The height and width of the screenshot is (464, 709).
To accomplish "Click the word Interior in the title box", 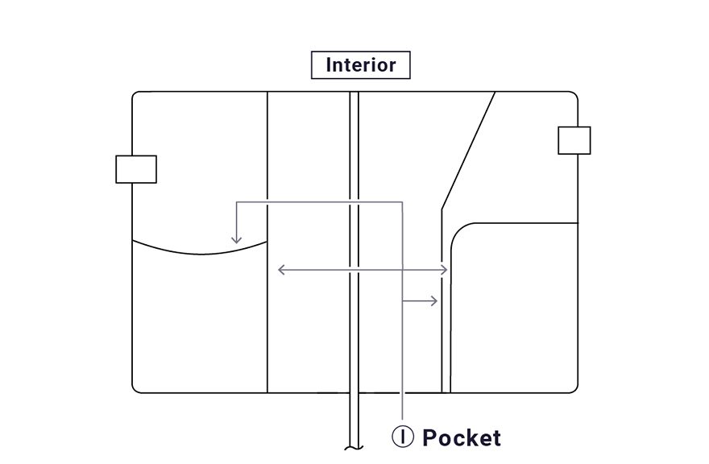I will pyautogui.click(x=360, y=65).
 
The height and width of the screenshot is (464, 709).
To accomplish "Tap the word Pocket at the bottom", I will pyautogui.click(x=461, y=438).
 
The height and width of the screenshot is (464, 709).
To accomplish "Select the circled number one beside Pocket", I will pyautogui.click(x=403, y=437).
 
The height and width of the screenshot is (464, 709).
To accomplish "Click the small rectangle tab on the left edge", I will pyautogui.click(x=136, y=169).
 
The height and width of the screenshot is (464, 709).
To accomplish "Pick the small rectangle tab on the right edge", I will pyautogui.click(x=574, y=140).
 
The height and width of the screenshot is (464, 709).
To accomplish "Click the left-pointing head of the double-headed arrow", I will pyautogui.click(x=280, y=270).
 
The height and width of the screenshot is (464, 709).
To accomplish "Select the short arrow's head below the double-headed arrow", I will pyautogui.click(x=434, y=301).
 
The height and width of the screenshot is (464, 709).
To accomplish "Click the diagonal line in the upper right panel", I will pyautogui.click(x=469, y=149).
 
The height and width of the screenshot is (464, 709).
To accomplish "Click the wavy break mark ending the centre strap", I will pyautogui.click(x=353, y=447).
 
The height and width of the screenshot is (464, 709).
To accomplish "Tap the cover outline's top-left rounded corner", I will pyautogui.click(x=136, y=95).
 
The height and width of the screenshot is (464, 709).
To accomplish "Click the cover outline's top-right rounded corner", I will pyautogui.click(x=574, y=95).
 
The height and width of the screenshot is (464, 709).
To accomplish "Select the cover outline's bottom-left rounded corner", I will pyautogui.click(x=136, y=389).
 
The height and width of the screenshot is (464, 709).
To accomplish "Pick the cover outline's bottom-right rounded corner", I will pyautogui.click(x=574, y=389).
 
